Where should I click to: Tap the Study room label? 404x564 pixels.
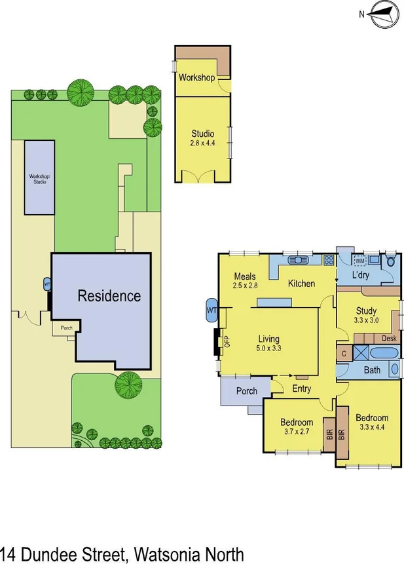(366, 310)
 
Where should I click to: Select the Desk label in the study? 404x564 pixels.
(389, 339)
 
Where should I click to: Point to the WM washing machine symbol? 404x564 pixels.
(359, 261)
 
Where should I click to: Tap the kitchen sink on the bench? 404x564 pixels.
(299, 260)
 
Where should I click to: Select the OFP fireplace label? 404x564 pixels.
(227, 341)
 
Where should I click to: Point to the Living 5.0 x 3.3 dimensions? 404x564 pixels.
(268, 348)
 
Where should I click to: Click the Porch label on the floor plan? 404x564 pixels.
(246, 391)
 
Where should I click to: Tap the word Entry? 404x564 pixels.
(301, 389)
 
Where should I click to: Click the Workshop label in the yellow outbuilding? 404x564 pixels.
(196, 78)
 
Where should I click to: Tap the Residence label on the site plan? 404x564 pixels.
(109, 295)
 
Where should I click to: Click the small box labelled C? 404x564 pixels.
(344, 353)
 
